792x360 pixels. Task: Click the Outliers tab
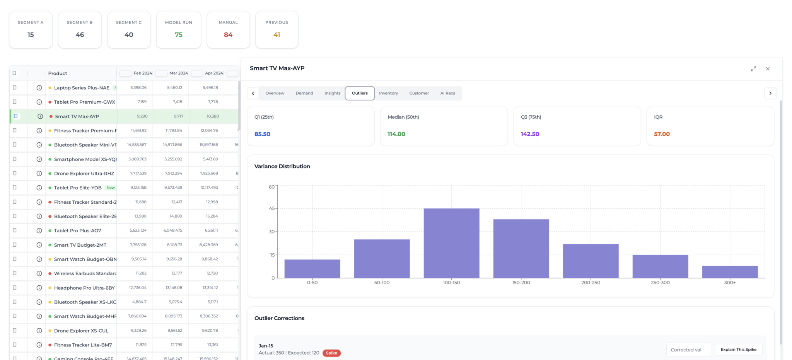tap(360, 93)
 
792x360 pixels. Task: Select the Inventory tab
tap(388, 93)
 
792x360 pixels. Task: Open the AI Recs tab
tap(447, 93)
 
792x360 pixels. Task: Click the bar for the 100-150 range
tap(451, 243)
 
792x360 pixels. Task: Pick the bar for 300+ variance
tap(730, 272)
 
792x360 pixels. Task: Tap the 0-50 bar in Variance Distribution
tap(312, 269)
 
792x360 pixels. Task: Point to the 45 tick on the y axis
tap(272, 208)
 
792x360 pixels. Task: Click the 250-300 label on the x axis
tap(660, 283)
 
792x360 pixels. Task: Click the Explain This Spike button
tap(738, 350)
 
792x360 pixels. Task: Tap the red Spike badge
tap(331, 353)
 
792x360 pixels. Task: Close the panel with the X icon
tap(768, 69)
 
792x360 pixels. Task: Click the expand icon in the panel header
tap(753, 69)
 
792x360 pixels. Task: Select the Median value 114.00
tap(396, 134)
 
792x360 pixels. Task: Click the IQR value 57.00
tap(662, 134)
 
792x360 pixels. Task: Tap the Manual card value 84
tap(228, 35)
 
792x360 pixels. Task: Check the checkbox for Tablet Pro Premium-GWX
tap(15, 102)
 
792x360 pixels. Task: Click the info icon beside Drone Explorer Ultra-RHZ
tap(39, 174)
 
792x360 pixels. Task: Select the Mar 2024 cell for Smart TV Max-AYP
tap(178, 116)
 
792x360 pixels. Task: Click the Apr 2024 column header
tap(214, 73)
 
